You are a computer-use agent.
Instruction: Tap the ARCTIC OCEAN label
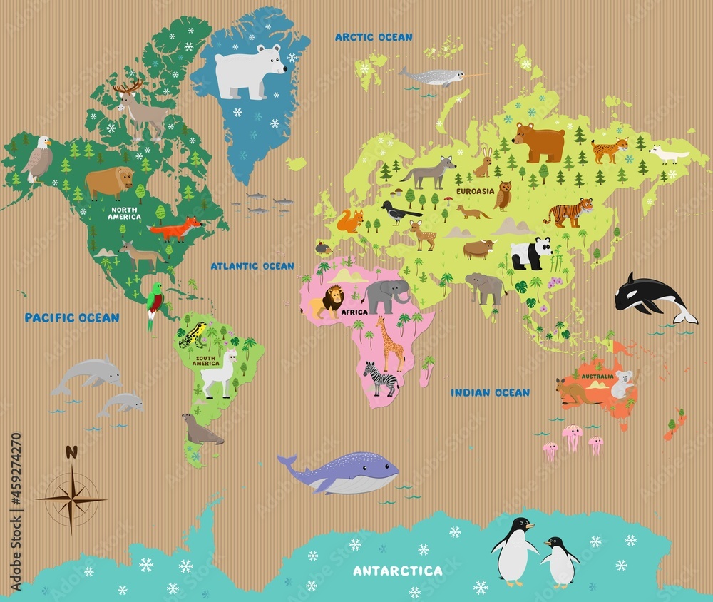(x=374, y=37)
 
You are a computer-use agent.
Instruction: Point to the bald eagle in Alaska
(x=37, y=158)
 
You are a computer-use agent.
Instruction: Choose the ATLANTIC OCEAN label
(x=252, y=266)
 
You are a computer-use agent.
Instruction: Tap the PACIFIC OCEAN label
(x=72, y=317)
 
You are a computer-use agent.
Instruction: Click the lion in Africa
(x=327, y=302)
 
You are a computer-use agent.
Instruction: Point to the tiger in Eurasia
(x=569, y=212)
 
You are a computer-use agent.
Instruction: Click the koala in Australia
(x=622, y=384)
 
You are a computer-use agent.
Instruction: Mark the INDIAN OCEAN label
(x=490, y=392)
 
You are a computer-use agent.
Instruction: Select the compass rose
(x=71, y=498)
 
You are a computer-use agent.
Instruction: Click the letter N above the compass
(x=71, y=451)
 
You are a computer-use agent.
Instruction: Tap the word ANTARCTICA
(x=398, y=571)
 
